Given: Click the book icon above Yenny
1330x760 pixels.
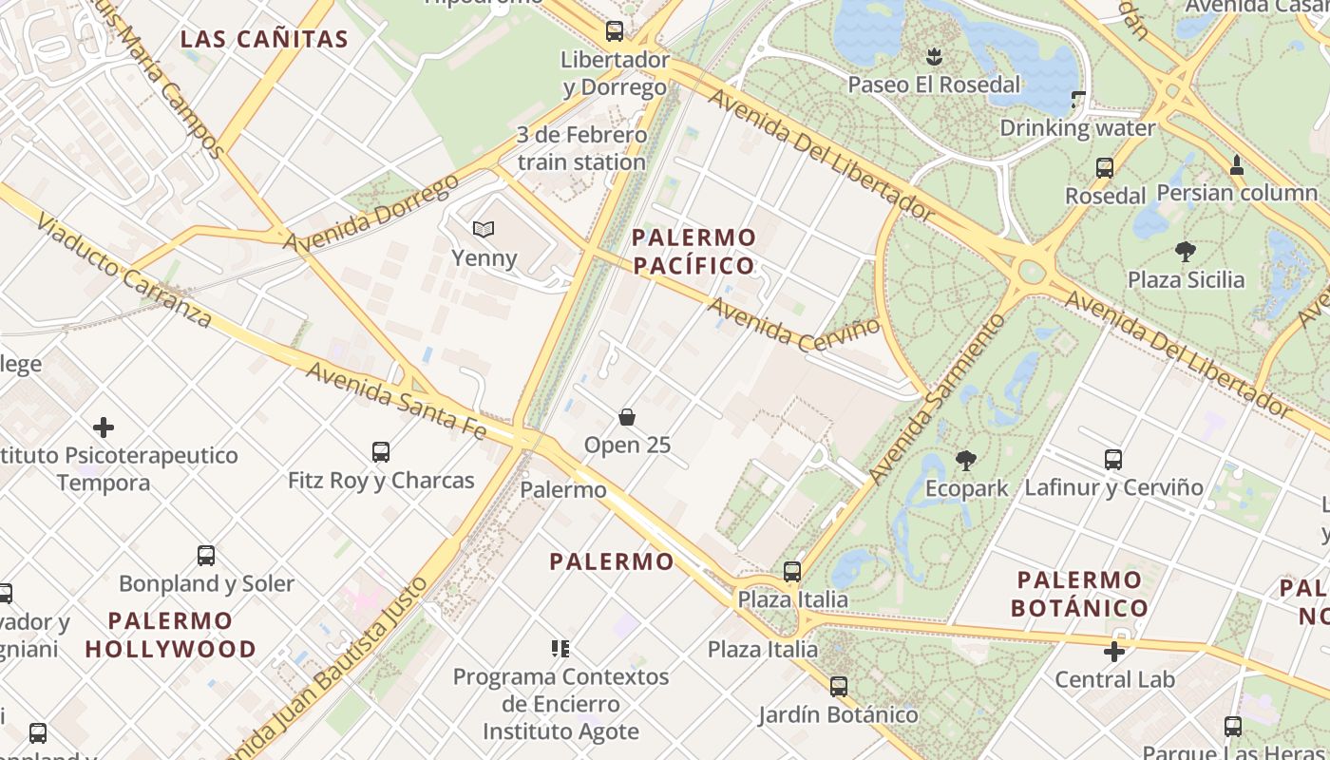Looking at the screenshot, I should pos(484,229).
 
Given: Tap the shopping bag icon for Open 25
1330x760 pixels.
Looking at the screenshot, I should pos(627,416).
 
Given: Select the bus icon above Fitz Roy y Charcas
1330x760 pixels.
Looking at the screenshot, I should pos(381,451).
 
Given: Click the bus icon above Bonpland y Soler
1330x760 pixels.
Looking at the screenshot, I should pos(206,555).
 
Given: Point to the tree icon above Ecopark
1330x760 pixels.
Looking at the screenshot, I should pos(966,461).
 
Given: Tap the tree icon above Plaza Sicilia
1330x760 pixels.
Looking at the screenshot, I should pos(1185,252).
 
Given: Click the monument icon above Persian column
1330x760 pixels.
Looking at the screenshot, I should pos(1236,165).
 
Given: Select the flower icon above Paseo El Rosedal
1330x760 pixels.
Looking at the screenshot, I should pos(933,56).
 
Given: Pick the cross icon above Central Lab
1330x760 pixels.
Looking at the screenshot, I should pos(1114,652).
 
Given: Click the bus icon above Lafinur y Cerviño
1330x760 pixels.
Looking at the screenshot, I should pos(1113,460).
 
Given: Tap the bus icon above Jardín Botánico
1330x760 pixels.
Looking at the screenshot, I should pos(838,686).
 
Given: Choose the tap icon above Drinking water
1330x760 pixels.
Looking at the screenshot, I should pos(1077,100).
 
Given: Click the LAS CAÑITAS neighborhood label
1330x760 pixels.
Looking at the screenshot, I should pos(264,39).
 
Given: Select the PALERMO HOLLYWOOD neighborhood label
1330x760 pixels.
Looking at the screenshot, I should pos(170,636).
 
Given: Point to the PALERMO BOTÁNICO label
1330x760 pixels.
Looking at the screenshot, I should pos(1079,593).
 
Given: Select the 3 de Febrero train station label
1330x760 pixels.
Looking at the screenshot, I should pos(581,148).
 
